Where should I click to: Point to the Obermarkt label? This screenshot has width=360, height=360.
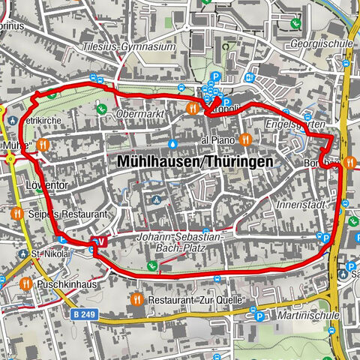(x=140, y=113)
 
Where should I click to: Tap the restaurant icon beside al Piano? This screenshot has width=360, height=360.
(x=245, y=139)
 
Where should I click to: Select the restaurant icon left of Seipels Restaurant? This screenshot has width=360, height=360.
(x=16, y=214)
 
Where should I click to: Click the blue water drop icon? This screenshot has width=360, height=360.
(x=173, y=142)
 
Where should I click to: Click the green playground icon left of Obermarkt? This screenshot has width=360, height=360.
(x=101, y=110)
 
